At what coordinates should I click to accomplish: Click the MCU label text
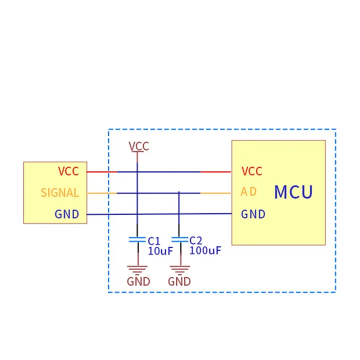click(x=293, y=192)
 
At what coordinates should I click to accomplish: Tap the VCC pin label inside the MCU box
click(x=251, y=171)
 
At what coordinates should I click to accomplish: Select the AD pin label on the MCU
click(x=249, y=192)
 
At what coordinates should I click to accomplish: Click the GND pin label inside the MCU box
click(x=253, y=214)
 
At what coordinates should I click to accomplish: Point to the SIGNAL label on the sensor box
click(x=59, y=192)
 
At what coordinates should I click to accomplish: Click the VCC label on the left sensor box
click(x=68, y=171)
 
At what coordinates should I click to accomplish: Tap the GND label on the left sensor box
click(x=67, y=214)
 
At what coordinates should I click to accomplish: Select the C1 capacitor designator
click(x=153, y=240)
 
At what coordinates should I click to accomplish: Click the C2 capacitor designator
click(x=195, y=240)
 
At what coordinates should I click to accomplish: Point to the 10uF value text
click(x=160, y=251)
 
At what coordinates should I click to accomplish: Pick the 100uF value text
click(x=205, y=251)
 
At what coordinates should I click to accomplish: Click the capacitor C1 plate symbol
click(x=137, y=239)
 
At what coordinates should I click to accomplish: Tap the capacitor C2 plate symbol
click(x=179, y=239)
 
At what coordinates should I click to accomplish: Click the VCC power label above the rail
click(x=138, y=146)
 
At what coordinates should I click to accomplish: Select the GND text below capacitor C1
click(x=138, y=281)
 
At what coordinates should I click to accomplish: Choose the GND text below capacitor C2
click(x=179, y=281)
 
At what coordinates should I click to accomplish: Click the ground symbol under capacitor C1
click(x=137, y=269)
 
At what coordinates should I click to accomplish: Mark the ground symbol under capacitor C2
click(x=179, y=269)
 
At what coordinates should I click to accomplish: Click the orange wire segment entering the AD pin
click(x=215, y=193)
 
